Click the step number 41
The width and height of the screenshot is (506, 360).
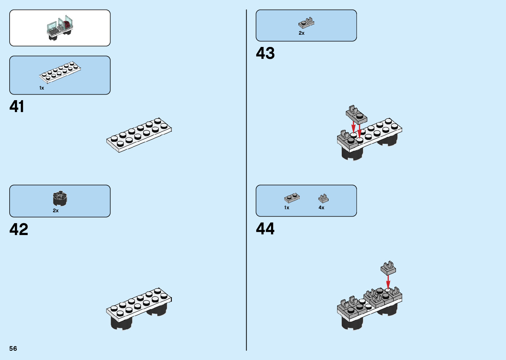pyautogui.click(x=17, y=107)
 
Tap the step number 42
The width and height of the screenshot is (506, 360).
pyautogui.click(x=19, y=229)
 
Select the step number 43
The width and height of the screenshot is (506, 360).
pyautogui.click(x=265, y=53)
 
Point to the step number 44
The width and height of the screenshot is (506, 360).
pyautogui.click(x=265, y=229)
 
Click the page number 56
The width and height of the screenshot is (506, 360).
pyautogui.click(x=13, y=348)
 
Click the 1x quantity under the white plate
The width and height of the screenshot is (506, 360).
pyautogui.click(x=42, y=88)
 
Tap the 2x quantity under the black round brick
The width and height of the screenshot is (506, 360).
pyautogui.click(x=56, y=211)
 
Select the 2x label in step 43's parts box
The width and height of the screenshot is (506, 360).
pyautogui.click(x=301, y=33)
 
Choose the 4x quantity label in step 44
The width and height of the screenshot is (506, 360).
pyautogui.click(x=321, y=208)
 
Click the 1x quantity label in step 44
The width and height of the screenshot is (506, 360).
pyautogui.click(x=287, y=208)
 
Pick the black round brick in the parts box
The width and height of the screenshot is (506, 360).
pyautogui.click(x=60, y=198)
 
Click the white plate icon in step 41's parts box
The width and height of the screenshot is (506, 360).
pyautogui.click(x=60, y=72)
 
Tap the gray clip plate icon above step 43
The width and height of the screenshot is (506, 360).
pyautogui.click(x=306, y=23)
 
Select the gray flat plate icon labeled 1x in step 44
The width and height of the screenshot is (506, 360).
pyautogui.click(x=292, y=198)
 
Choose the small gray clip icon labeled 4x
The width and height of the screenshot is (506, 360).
pyautogui.click(x=323, y=198)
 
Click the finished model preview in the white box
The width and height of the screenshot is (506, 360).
pyautogui.click(x=60, y=28)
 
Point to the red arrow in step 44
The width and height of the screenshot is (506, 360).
pyautogui.click(x=388, y=282)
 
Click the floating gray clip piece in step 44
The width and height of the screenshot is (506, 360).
pyautogui.click(x=388, y=268)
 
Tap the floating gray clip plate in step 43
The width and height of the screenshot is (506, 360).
pyautogui.click(x=356, y=114)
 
